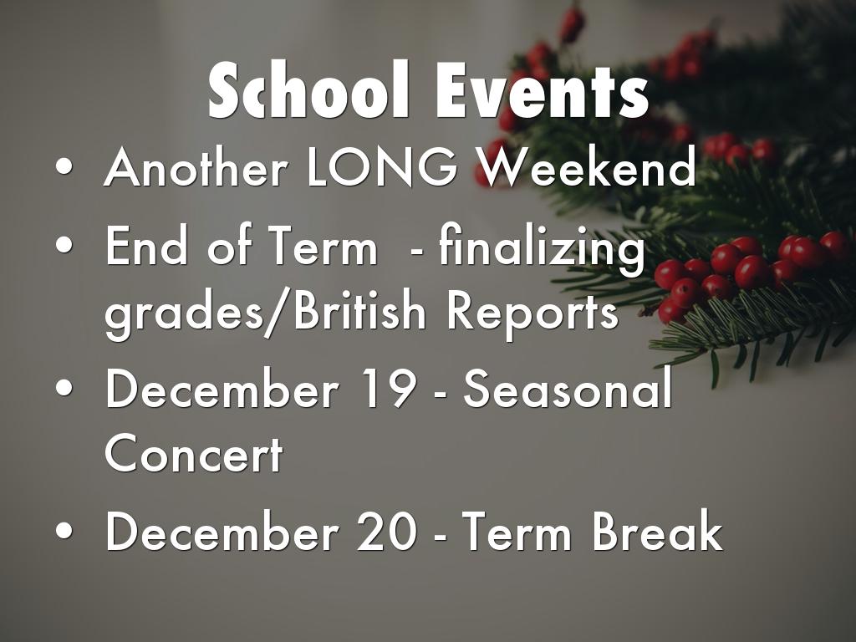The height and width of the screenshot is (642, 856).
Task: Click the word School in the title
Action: pyautogui.click(x=308, y=90)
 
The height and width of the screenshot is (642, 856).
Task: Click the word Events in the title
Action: pyautogui.click(x=542, y=90)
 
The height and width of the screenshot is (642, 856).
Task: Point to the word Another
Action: pyautogui.click(x=196, y=167)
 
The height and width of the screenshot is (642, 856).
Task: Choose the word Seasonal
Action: pyautogui.click(x=568, y=388)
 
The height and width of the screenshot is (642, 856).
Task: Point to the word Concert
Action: pyautogui.click(x=194, y=453)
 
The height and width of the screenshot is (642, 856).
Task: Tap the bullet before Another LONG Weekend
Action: pyautogui.click(x=64, y=167)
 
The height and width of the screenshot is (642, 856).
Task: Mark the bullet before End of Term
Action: pyautogui.click(x=64, y=246)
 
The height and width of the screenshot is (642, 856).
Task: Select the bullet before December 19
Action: pyautogui.click(x=64, y=389)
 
